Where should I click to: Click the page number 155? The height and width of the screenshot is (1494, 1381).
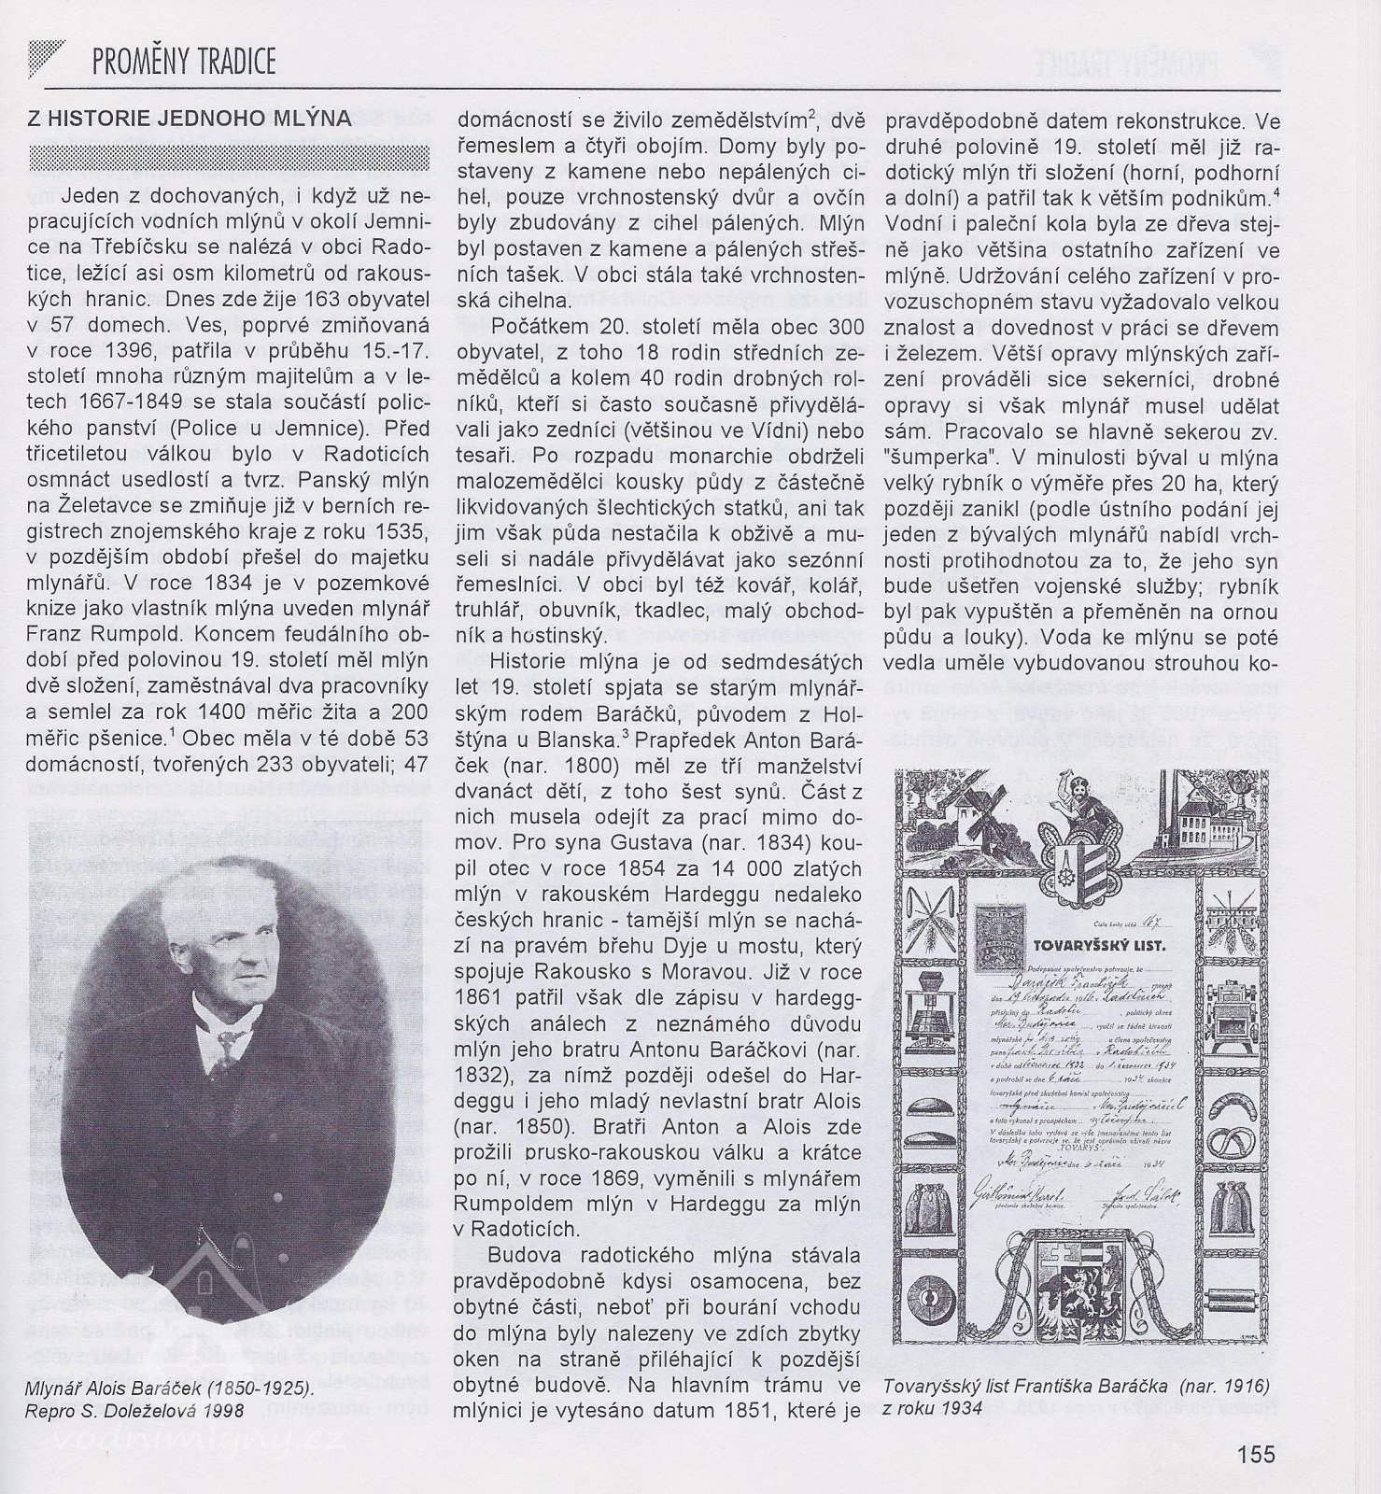1256,1454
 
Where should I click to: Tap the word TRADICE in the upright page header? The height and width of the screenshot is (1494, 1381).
235,62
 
